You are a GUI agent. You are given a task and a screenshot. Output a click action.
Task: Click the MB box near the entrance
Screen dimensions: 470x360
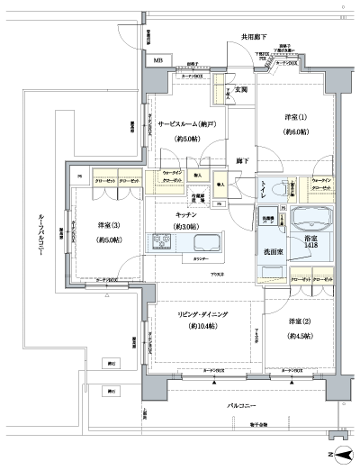click(158, 61)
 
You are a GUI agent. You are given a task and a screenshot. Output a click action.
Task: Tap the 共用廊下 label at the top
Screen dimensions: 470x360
click(253, 37)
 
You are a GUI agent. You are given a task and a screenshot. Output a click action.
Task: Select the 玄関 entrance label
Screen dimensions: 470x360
click(242, 90)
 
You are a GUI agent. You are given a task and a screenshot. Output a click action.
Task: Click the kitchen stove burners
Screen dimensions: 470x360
click(163, 242)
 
